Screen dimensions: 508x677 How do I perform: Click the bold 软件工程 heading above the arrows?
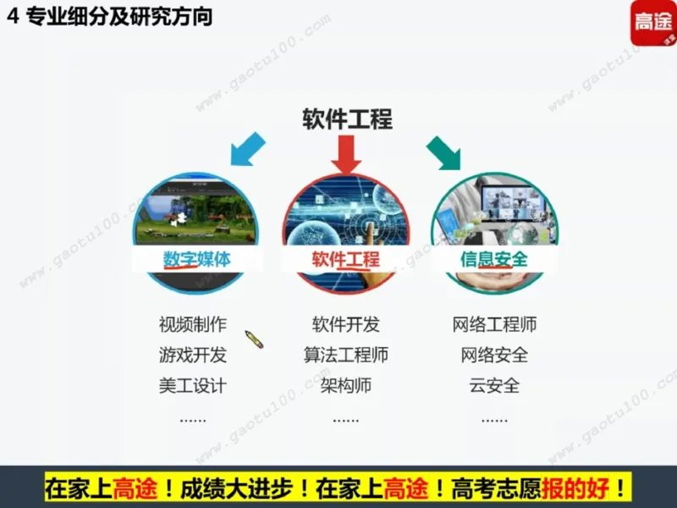(x=347, y=119)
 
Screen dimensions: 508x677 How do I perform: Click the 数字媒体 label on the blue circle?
(x=196, y=258)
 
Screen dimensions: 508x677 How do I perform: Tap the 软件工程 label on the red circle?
(x=345, y=258)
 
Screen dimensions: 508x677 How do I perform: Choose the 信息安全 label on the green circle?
(x=494, y=258)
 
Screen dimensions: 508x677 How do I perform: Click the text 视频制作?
(x=193, y=324)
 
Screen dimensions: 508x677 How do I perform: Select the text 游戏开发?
(x=193, y=355)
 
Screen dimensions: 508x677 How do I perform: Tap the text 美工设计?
(x=193, y=385)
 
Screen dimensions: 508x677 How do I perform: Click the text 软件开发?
(x=345, y=324)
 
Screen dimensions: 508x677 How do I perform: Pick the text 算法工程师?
(x=345, y=355)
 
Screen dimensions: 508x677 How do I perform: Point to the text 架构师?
(x=345, y=385)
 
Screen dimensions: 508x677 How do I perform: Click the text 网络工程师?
(x=494, y=324)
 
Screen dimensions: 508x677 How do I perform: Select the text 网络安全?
(x=494, y=355)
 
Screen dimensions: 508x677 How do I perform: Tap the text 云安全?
(x=494, y=385)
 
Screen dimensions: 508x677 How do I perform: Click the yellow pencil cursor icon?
(x=254, y=340)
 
